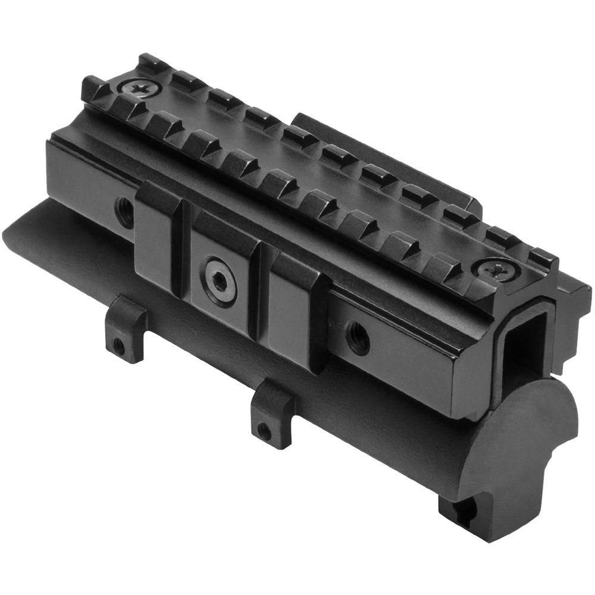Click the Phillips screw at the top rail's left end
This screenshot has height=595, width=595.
coord(142,89)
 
